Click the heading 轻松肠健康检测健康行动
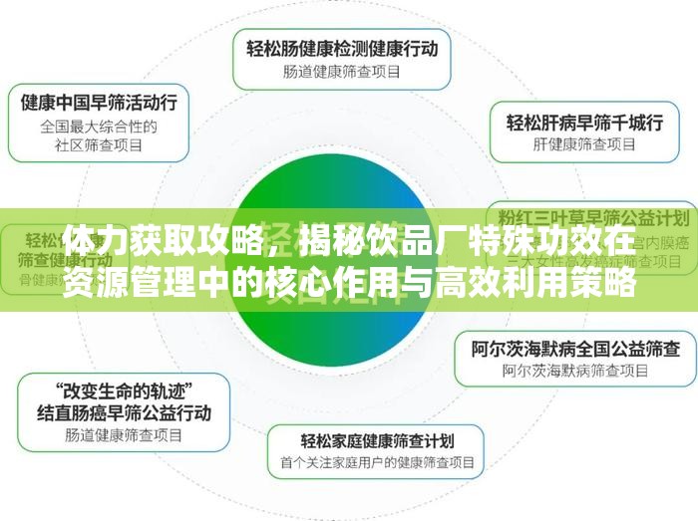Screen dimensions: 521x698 [341, 46]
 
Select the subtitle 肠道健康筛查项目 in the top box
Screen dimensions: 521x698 [341, 71]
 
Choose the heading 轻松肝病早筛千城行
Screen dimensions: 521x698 [585, 123]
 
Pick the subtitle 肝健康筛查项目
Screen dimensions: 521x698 [585, 145]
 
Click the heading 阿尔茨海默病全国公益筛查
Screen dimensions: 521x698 [575, 349]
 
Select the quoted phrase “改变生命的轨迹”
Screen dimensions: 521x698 [124, 388]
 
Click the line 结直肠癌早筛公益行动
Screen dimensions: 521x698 [124, 410]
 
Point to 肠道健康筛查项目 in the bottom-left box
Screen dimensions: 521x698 [124, 434]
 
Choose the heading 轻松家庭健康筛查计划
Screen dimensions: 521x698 [378, 439]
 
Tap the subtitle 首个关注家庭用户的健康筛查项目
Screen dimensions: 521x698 [378, 463]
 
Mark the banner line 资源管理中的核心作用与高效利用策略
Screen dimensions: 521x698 [349, 283]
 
